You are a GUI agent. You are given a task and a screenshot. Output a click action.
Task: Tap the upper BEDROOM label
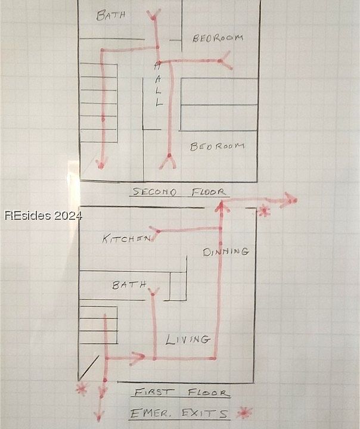218,38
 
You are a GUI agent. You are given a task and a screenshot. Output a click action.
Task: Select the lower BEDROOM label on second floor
218,147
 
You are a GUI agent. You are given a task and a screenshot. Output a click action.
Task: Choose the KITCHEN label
126,239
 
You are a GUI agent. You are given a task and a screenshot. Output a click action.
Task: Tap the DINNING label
226,251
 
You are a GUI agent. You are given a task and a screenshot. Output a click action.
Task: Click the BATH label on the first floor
129,285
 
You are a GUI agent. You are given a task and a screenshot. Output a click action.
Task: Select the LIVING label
188,340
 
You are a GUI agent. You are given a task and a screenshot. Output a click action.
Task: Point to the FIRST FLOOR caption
181,393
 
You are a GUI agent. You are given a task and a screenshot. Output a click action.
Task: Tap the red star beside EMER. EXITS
243,412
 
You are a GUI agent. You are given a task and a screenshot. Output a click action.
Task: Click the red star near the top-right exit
264,210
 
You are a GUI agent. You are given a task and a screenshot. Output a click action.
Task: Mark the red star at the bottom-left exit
82,389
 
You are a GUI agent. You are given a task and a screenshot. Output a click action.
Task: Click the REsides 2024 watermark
43,216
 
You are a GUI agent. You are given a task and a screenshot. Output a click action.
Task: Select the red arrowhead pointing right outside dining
290,200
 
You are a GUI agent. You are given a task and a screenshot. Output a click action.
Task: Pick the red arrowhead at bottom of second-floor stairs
101,163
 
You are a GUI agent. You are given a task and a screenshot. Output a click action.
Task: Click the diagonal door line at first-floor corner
89,367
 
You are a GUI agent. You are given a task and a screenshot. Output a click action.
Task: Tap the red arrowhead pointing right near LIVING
138,358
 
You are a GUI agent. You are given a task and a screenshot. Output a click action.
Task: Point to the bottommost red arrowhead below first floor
100,415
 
